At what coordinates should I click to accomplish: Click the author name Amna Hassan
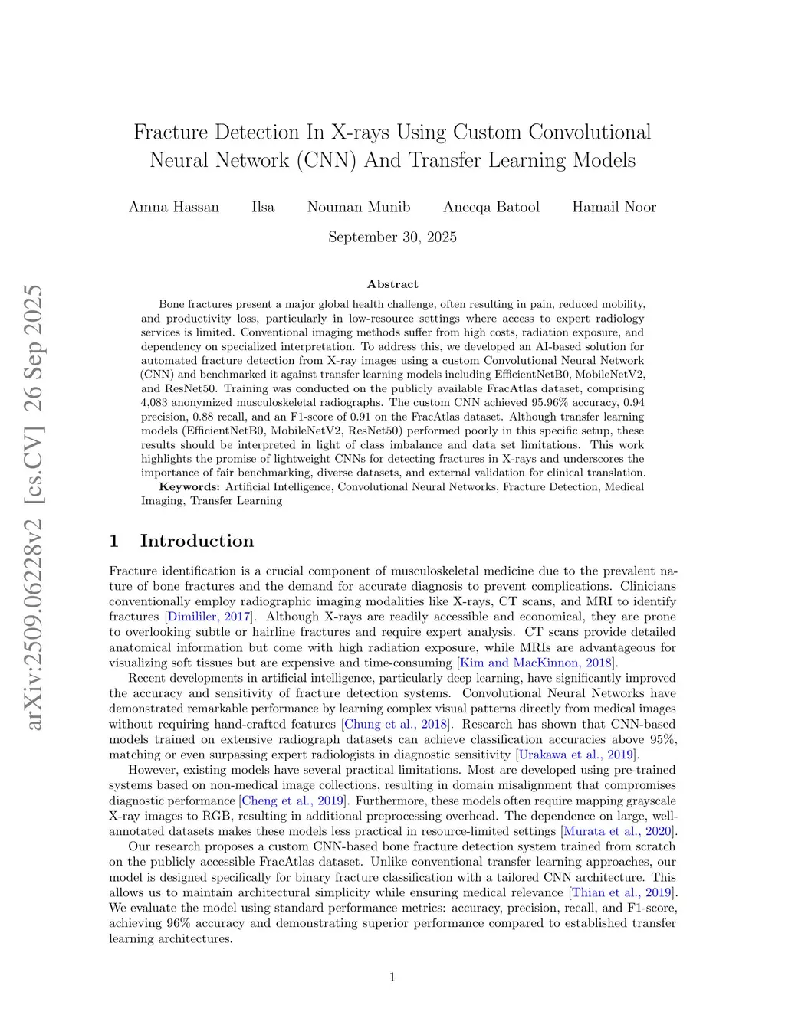pyautogui.click(x=174, y=207)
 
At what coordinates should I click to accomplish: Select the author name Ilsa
pyautogui.click(x=263, y=207)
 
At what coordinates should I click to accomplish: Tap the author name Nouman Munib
pyautogui.click(x=359, y=207)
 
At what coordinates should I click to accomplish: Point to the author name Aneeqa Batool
pyautogui.click(x=491, y=207)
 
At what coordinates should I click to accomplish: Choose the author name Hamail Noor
pyautogui.click(x=614, y=207)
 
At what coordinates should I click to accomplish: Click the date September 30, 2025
pyautogui.click(x=392, y=237)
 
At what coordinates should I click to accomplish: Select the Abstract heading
pyautogui.click(x=392, y=284)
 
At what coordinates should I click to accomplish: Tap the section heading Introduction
pyautogui.click(x=196, y=541)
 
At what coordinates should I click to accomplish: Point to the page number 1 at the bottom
pyautogui.click(x=392, y=977)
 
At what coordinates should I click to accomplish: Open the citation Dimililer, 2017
pyautogui.click(x=209, y=617)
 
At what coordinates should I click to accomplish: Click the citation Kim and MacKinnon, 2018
pyautogui.click(x=537, y=663)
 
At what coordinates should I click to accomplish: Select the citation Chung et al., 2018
pyautogui.click(x=396, y=724)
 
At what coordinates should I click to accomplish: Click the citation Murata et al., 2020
pyautogui.click(x=619, y=831)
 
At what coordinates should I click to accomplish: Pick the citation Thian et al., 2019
pyautogui.click(x=622, y=892)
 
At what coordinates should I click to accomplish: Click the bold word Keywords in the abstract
pyautogui.click(x=189, y=486)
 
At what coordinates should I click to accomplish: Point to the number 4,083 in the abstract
pyautogui.click(x=154, y=402)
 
